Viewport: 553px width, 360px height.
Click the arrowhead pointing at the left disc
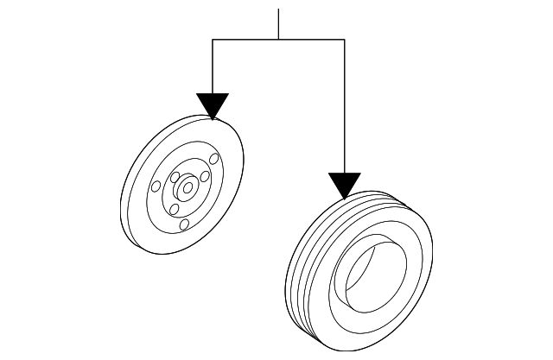(x=212, y=105)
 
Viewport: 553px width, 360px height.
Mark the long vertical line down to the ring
(x=344, y=104)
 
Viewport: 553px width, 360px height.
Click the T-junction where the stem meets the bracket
(x=278, y=40)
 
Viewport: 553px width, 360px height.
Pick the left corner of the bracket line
(x=212, y=40)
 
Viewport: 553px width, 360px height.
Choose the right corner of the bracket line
(x=344, y=40)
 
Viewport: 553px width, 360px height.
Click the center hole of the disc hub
(x=186, y=184)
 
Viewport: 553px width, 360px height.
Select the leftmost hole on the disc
(x=156, y=186)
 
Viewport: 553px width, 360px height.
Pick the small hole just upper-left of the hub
(x=175, y=178)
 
